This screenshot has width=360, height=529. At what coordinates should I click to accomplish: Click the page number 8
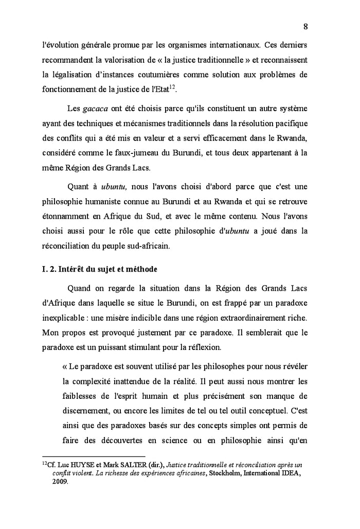click(x=305, y=26)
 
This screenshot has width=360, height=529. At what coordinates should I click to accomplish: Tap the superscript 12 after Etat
click(x=173, y=85)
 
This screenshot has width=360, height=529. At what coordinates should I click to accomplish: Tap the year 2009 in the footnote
click(x=60, y=483)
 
